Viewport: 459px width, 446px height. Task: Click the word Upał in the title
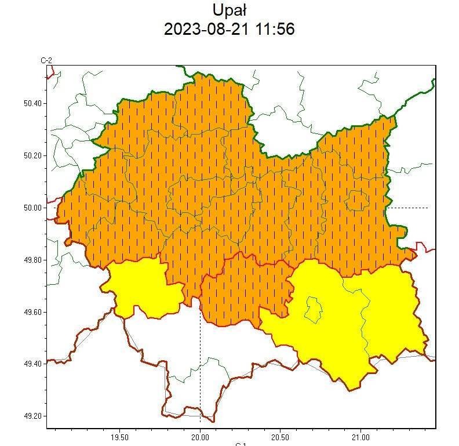[230, 10]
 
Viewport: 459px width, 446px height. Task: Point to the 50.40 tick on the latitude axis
[31, 103]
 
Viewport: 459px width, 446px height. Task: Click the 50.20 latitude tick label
[31, 155]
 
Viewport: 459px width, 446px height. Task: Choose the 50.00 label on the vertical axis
[31, 208]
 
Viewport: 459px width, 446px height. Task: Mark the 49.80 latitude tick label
[31, 260]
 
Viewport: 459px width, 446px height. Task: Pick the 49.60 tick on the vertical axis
[31, 312]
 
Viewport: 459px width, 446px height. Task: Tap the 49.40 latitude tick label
[31, 364]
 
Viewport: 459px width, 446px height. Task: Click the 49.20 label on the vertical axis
[31, 416]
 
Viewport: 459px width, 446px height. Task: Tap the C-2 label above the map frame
[46, 60]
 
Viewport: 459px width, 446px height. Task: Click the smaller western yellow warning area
[142, 287]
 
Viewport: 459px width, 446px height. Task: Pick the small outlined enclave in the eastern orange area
[357, 201]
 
